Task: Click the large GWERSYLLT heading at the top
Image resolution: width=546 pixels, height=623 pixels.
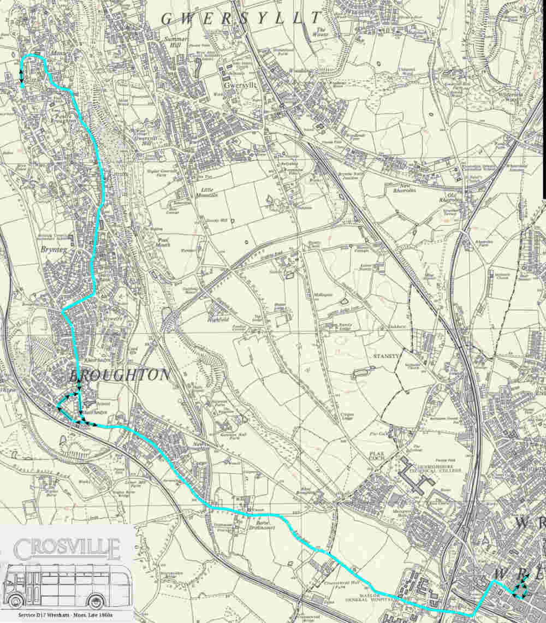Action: [x=240, y=18]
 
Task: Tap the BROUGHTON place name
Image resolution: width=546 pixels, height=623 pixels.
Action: [x=120, y=375]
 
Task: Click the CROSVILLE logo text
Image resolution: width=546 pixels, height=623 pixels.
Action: [x=67, y=548]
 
